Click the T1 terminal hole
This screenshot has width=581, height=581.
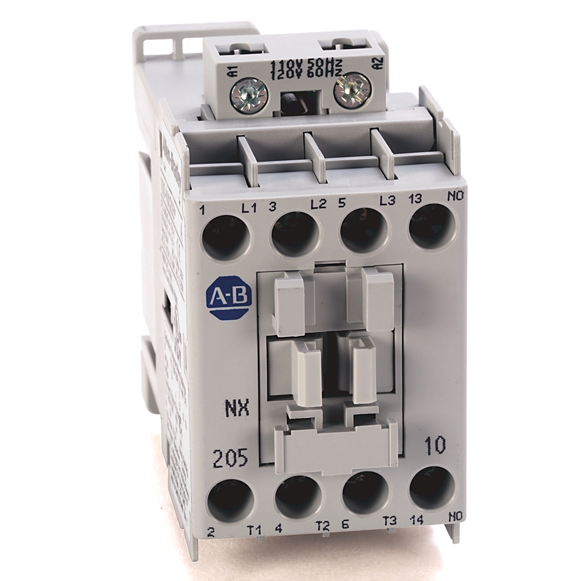(230, 501)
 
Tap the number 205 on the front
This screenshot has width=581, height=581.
(229, 458)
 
